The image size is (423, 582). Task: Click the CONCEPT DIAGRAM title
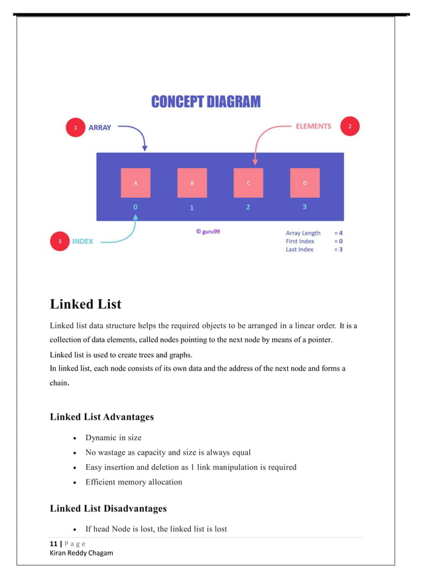pyautogui.click(x=206, y=102)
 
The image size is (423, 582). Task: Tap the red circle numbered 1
pyautogui.click(x=75, y=128)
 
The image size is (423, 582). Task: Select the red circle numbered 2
pyautogui.click(x=349, y=127)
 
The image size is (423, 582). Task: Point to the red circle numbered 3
pyautogui.click(x=60, y=242)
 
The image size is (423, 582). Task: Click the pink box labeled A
pyautogui.click(x=135, y=183)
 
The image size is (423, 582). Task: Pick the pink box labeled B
pyautogui.click(x=192, y=183)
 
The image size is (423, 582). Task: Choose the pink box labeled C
pyautogui.click(x=248, y=183)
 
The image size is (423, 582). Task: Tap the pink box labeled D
pyautogui.click(x=304, y=183)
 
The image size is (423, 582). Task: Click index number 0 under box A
pyautogui.click(x=135, y=207)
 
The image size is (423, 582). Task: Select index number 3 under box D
pyautogui.click(x=304, y=207)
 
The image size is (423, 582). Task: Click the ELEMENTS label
pyautogui.click(x=313, y=126)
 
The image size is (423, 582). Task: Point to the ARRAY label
pyautogui.click(x=100, y=128)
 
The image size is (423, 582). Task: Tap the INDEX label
pyautogui.click(x=83, y=242)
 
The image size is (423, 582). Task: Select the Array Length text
pyautogui.click(x=303, y=233)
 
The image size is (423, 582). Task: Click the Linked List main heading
pyautogui.click(x=86, y=305)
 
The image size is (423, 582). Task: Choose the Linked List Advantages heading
pyautogui.click(x=101, y=417)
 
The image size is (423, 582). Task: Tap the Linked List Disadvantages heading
pyautogui.click(x=108, y=508)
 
